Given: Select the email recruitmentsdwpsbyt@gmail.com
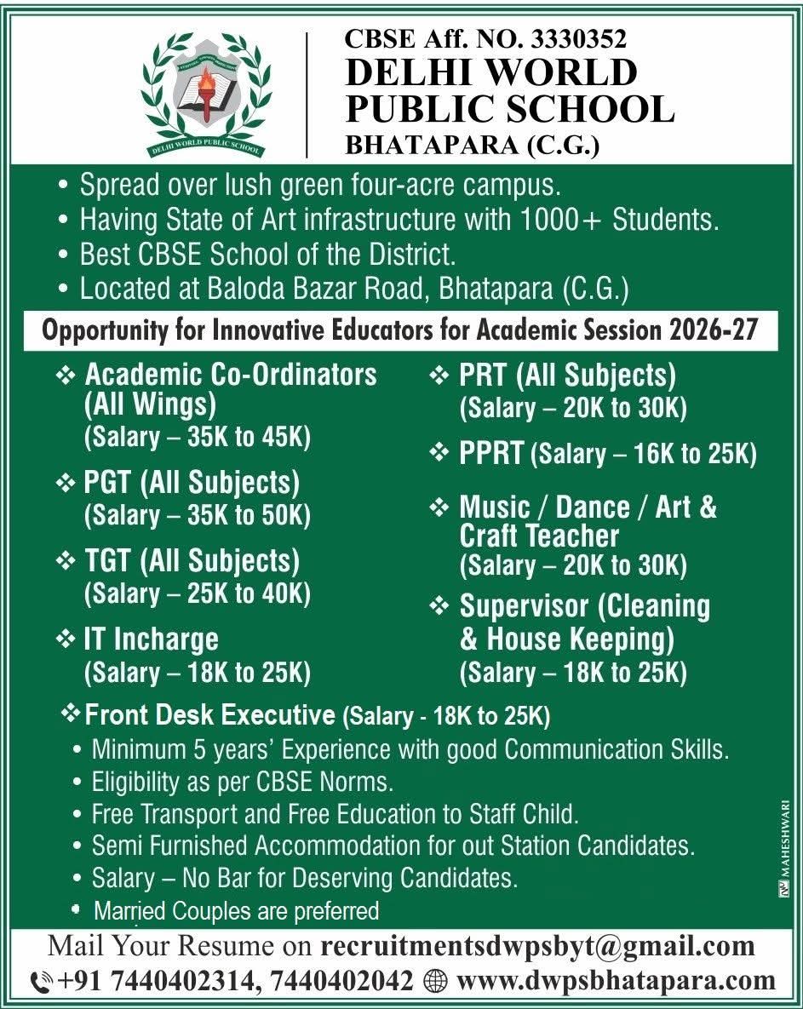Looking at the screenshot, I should pos(538,946).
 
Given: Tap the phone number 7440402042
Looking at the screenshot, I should pos(342,981).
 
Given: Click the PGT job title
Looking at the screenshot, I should pos(107,483).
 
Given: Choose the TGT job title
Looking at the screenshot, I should pos(107,561).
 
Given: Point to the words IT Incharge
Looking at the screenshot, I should pos(151,639).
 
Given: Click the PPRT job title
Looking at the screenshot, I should pos(491,453).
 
